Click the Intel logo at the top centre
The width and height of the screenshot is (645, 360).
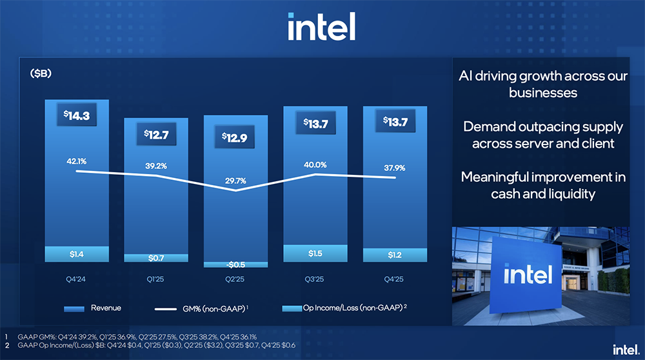point(321,27)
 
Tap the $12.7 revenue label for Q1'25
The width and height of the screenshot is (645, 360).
point(156,135)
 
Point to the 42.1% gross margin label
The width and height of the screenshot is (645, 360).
point(76,160)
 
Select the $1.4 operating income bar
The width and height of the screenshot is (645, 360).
point(77,255)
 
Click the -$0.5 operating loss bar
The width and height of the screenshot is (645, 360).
point(236,264)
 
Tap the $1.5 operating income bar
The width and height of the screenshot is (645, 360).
point(315,254)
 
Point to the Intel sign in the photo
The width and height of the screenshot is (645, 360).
point(528,275)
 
